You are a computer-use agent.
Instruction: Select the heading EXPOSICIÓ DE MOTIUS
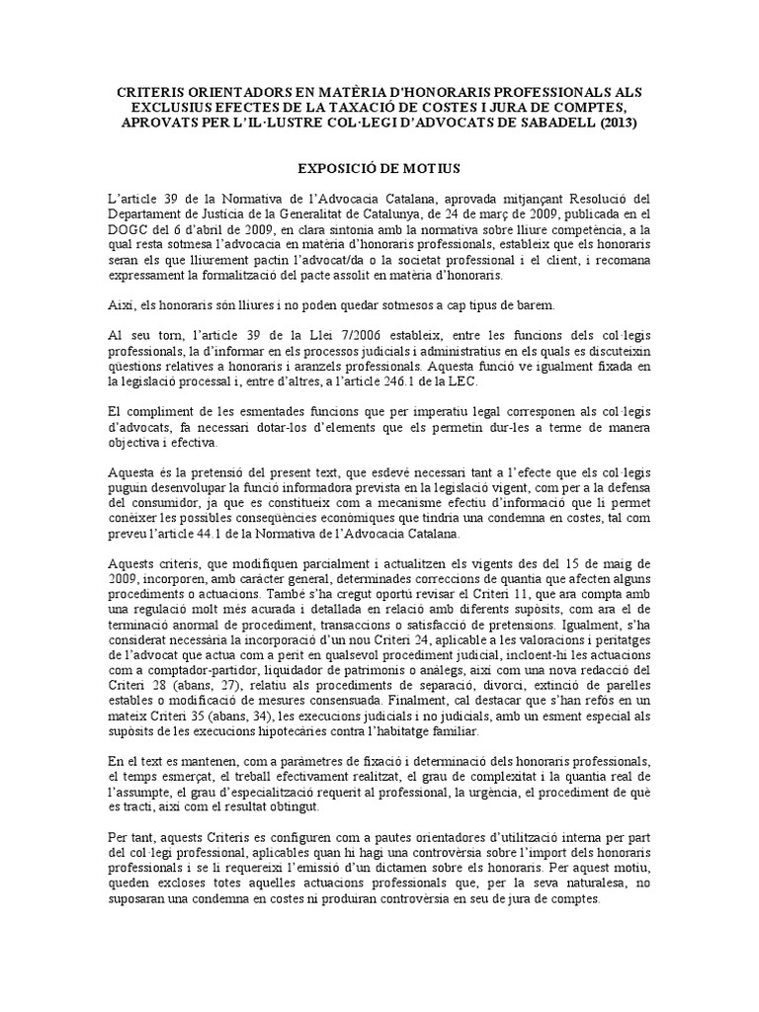[379, 170]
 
